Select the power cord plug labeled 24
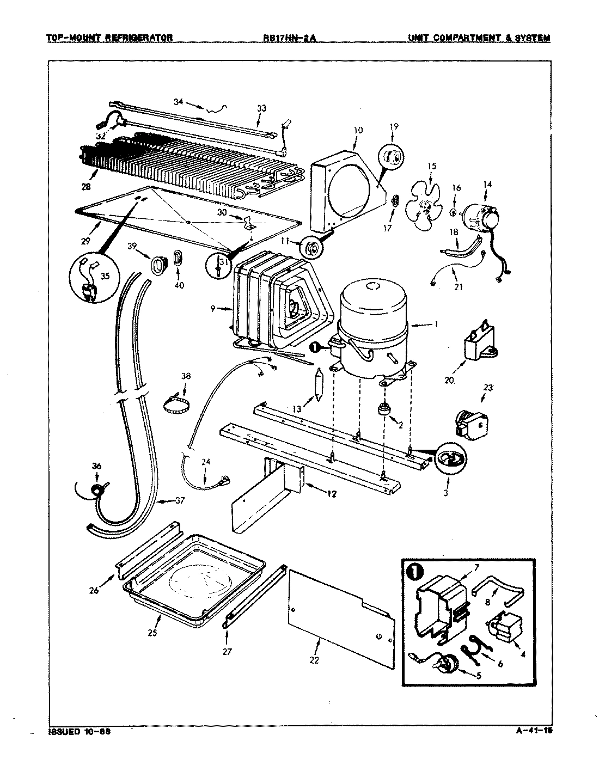(222, 481)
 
